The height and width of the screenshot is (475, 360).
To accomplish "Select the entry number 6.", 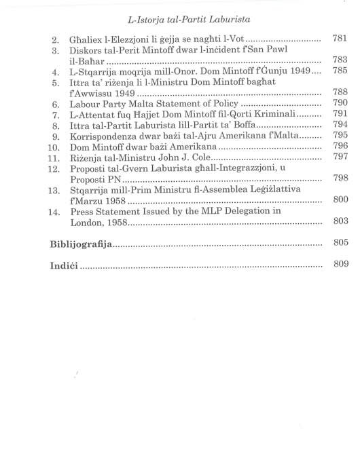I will click(58, 104).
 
